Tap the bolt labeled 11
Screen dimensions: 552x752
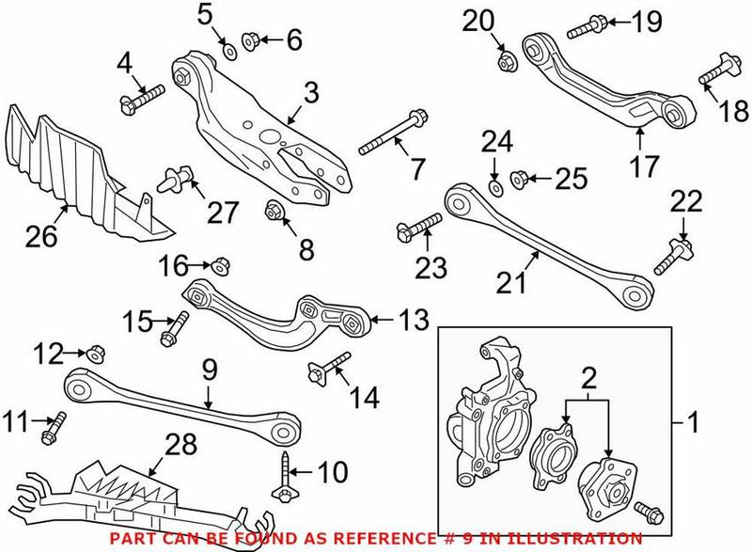click(53, 430)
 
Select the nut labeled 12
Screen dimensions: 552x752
click(99, 355)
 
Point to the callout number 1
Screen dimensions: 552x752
click(693, 425)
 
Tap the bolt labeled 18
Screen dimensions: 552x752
click(717, 73)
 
